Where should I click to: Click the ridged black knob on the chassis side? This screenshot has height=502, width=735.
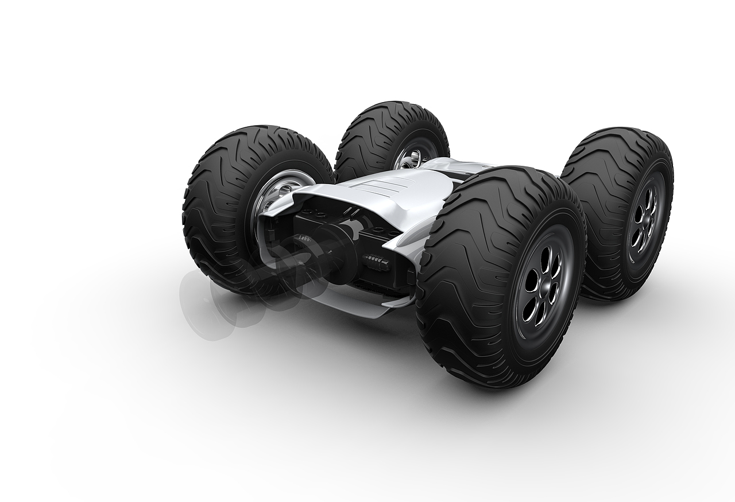pos(377,263)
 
